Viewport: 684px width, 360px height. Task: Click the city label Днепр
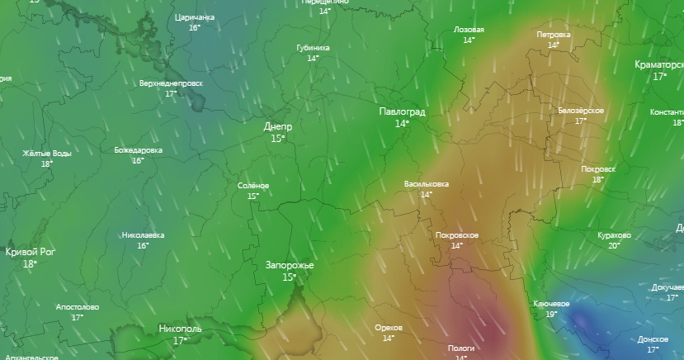click(x=277, y=126)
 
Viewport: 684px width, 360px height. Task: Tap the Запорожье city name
click(x=290, y=265)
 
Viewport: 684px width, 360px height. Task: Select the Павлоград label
click(x=402, y=111)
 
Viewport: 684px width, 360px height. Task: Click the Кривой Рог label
click(x=31, y=252)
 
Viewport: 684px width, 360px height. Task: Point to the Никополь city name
click(x=180, y=329)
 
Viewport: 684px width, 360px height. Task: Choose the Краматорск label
click(x=659, y=64)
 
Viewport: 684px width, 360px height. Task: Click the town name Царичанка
click(x=195, y=17)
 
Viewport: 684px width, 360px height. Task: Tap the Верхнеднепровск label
click(x=171, y=83)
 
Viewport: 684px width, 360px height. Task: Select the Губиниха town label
click(x=313, y=48)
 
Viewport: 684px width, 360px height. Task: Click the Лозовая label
click(x=469, y=30)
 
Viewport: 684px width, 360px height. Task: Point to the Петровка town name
click(x=553, y=35)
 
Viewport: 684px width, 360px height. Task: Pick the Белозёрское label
click(x=581, y=111)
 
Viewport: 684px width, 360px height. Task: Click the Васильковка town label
click(x=426, y=183)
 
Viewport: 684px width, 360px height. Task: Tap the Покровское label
click(x=456, y=235)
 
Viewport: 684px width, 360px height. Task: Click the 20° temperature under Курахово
click(x=614, y=245)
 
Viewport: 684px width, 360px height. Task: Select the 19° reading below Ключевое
click(x=551, y=314)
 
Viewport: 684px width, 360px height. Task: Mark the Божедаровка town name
click(x=138, y=150)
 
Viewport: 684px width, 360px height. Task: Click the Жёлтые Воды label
click(x=46, y=154)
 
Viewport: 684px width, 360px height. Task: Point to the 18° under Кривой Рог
click(x=30, y=264)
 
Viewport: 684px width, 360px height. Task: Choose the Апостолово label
click(x=78, y=307)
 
